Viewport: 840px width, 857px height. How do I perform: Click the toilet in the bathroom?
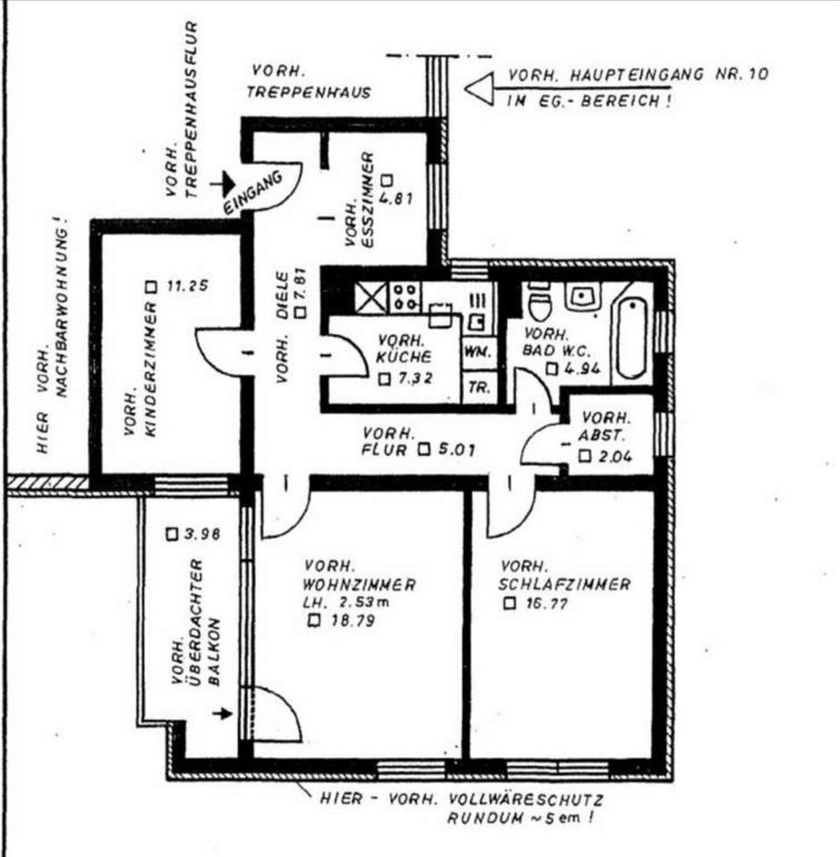coord(540,304)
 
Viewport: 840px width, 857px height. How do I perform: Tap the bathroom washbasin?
coord(585,296)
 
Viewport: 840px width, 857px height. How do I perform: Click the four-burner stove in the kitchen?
coord(405,297)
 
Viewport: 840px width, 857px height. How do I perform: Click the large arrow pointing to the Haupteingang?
coord(483,87)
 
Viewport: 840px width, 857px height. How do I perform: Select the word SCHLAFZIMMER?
coord(566,585)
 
